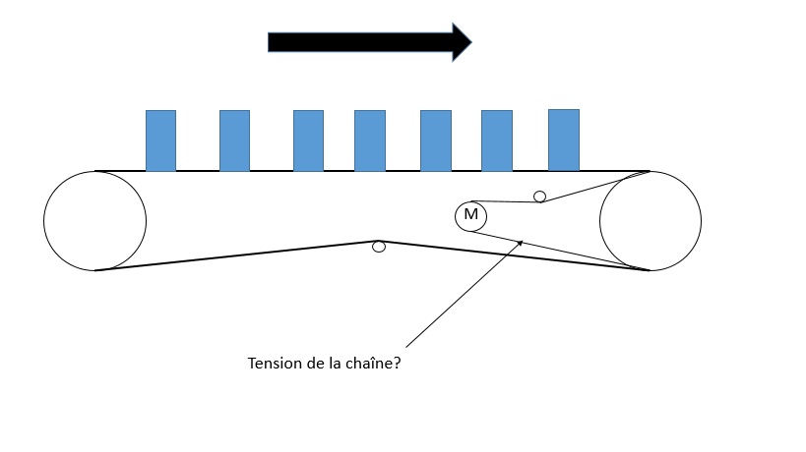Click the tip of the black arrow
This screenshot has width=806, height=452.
470,41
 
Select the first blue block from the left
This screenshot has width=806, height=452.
160,141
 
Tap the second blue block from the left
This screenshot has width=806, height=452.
234,141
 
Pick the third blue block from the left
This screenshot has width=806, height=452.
308,141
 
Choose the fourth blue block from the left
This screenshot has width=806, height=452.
369,141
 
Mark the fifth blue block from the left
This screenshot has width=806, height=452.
435,141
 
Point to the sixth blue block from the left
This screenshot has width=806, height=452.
496,141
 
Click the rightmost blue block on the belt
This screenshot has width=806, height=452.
563,140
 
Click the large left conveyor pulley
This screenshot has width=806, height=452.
95,220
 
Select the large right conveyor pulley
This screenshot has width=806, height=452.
651,220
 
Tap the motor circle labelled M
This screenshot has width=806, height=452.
470,216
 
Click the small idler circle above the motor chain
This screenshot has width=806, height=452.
539,197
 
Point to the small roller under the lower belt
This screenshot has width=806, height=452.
379,247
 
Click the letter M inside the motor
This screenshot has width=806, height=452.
470,215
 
